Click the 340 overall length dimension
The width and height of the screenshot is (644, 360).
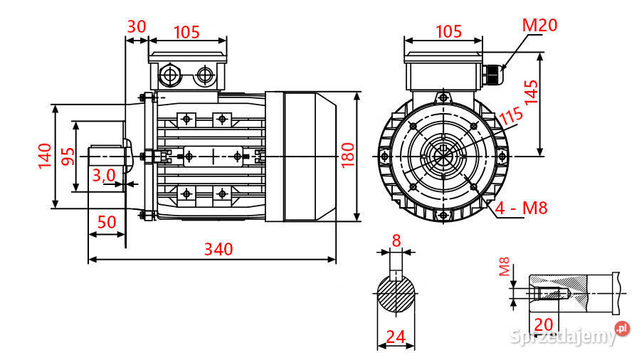click(218, 248)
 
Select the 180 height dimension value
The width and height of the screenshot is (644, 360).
click(348, 155)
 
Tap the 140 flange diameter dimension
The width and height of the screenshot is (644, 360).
click(44, 156)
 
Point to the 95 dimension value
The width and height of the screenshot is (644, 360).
click(68, 156)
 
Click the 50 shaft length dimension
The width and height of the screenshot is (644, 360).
click(106, 221)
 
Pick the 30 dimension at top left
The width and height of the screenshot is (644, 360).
click(136, 26)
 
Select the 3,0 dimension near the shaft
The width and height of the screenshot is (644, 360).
click(105, 175)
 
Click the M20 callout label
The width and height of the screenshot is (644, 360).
click(539, 26)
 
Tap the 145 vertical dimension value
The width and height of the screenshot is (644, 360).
click(530, 90)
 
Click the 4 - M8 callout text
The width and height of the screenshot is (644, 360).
click(521, 208)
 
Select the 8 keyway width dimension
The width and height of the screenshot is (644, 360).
click(396, 240)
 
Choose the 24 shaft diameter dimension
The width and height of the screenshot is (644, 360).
click(396, 336)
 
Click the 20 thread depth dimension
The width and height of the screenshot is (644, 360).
click(543, 324)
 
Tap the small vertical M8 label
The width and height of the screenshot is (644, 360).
click(504, 268)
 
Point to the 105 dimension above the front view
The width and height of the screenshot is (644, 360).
click(448, 31)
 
